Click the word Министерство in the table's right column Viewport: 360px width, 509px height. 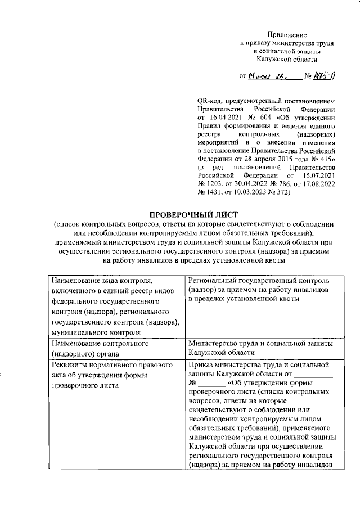click(x=214, y=343)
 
